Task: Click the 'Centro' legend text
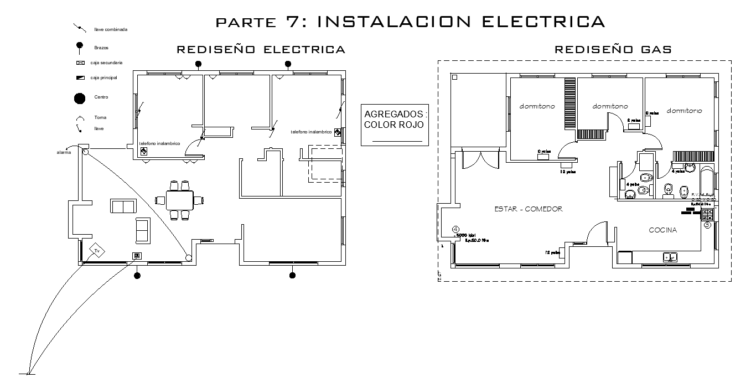(x=101, y=97)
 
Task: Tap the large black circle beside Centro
(x=80, y=99)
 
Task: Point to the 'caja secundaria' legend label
(x=106, y=63)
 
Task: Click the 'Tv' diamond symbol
(x=97, y=251)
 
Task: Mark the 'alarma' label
(x=64, y=152)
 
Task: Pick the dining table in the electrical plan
(x=179, y=200)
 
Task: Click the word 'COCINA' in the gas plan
(x=663, y=230)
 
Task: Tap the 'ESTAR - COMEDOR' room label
(x=529, y=209)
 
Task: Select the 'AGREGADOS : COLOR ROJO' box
(x=394, y=125)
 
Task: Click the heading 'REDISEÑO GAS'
(x=613, y=50)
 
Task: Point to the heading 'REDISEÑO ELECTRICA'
(x=261, y=50)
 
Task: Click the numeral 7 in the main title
(x=293, y=22)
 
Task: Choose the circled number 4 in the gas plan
(x=455, y=229)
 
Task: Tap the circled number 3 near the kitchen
(x=707, y=225)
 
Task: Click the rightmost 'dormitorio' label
(x=684, y=111)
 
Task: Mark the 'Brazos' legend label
(x=101, y=48)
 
